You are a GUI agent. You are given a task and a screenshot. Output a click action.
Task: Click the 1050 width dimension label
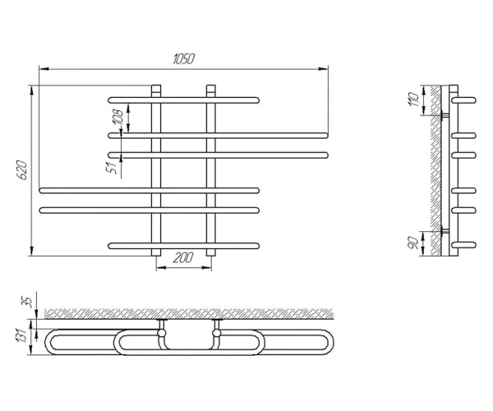[183, 59]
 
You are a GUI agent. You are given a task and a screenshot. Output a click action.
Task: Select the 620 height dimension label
[22, 170]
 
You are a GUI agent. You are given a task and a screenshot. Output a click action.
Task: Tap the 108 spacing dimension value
[117, 117]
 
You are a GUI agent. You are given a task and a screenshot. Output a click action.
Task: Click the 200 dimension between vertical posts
[183, 258]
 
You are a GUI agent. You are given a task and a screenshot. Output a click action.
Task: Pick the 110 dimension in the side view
[415, 99]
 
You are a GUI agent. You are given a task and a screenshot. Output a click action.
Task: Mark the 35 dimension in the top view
[28, 302]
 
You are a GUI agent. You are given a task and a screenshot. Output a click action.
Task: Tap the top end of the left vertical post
[156, 85]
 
